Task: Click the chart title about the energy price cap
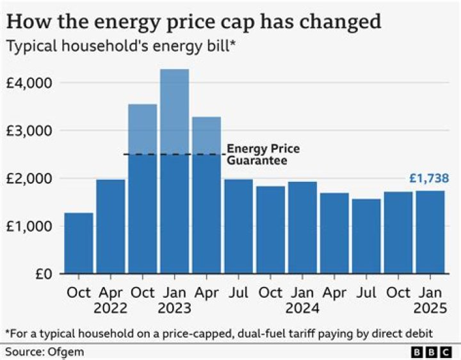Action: click(193, 22)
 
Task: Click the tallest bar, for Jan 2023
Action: click(174, 173)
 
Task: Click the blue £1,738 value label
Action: click(428, 179)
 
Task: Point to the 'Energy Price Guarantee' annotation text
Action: click(263, 155)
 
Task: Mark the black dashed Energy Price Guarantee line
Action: click(173, 154)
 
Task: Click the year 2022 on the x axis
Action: click(110, 308)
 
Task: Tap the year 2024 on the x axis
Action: click(302, 308)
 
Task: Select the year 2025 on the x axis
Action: click(430, 308)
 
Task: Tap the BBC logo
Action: click(430, 352)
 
